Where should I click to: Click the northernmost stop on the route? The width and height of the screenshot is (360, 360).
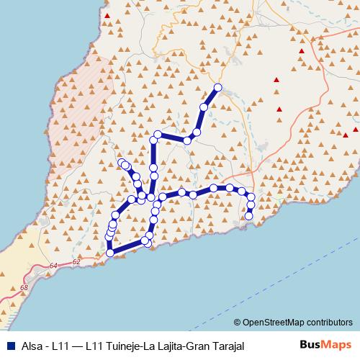217,88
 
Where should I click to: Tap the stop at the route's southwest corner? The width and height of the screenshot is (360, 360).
110,253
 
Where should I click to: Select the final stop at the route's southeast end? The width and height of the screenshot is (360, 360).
249,215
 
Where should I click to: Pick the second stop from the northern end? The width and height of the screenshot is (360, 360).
204,107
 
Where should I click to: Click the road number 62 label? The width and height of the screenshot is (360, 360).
77,262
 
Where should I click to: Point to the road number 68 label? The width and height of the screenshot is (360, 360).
24,287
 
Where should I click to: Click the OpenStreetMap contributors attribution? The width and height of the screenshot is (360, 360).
297,323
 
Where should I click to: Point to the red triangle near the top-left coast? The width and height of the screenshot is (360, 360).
107,15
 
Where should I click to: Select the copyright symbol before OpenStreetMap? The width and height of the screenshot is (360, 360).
238,323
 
